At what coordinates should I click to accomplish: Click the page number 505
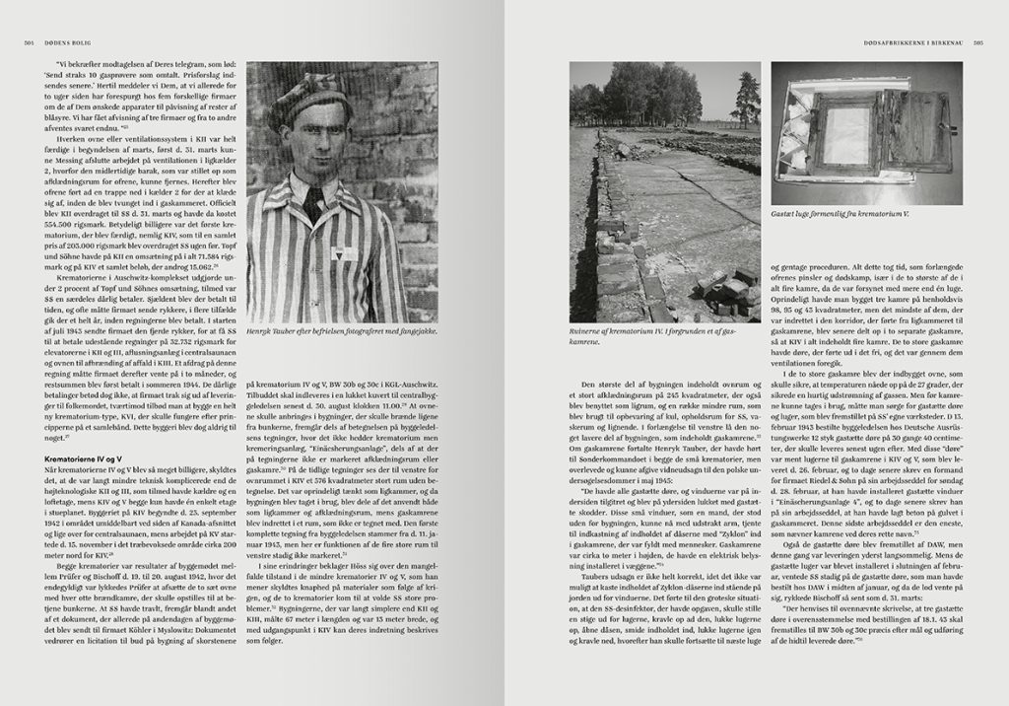click(x=979, y=41)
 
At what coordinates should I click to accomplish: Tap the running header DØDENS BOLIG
click(x=60, y=41)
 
